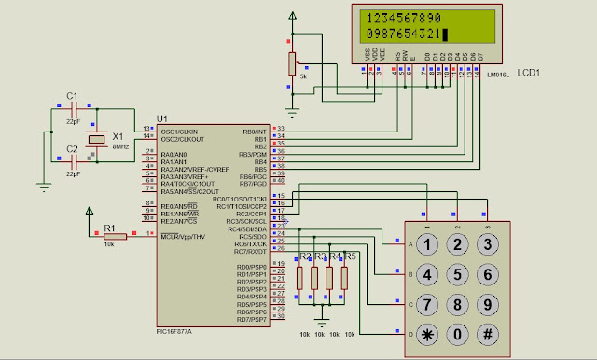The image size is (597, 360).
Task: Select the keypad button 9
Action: tap(487, 304)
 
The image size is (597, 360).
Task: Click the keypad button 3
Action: tap(487, 244)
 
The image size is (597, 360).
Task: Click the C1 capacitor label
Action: tap(72, 95)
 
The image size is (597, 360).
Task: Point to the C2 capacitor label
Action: tap(72, 148)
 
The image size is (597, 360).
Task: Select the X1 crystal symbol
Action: tap(95, 139)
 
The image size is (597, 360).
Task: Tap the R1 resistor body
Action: tap(110, 236)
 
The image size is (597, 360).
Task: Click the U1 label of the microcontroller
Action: tap(163, 118)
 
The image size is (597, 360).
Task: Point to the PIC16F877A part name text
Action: tap(175, 329)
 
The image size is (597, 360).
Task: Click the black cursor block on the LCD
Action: tap(446, 35)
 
